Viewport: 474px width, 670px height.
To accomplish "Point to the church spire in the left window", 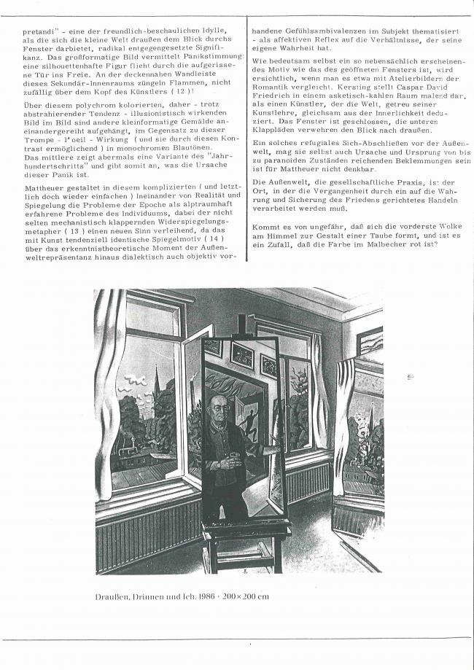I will coord(155,383).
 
